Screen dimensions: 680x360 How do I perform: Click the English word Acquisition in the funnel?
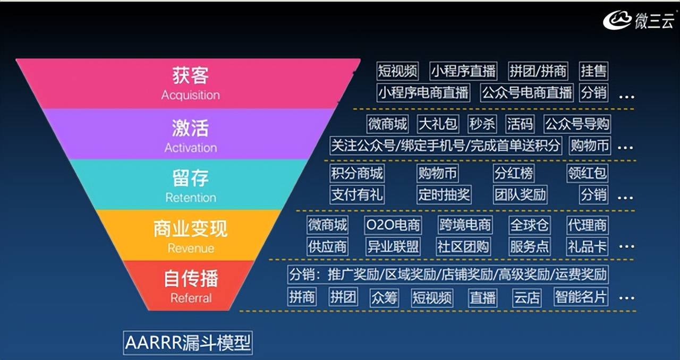click(191, 95)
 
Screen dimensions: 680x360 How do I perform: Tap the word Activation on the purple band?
click(191, 148)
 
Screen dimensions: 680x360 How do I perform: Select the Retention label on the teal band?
click(191, 198)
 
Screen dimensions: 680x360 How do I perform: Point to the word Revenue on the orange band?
click(191, 248)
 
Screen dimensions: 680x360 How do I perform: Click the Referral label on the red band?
click(191, 298)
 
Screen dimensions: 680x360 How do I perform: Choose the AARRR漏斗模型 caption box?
click(188, 342)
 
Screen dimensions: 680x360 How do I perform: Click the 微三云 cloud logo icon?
click(617, 20)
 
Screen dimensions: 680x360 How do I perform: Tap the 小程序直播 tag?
click(463, 71)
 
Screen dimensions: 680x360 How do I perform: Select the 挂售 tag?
click(593, 71)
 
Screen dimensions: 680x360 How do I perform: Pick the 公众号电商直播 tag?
click(526, 92)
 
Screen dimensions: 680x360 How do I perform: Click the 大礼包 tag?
click(438, 124)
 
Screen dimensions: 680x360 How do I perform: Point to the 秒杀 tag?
click(482, 124)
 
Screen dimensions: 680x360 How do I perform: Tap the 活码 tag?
click(520, 124)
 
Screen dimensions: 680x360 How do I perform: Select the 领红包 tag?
click(587, 173)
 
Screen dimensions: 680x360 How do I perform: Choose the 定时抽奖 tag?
click(444, 194)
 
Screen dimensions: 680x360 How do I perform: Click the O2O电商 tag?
click(393, 225)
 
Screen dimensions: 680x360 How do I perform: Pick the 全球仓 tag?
click(529, 225)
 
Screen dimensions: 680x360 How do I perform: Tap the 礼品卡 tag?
click(587, 246)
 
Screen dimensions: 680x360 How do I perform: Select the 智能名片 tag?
click(581, 297)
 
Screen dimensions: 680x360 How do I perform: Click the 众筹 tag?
click(384, 297)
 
